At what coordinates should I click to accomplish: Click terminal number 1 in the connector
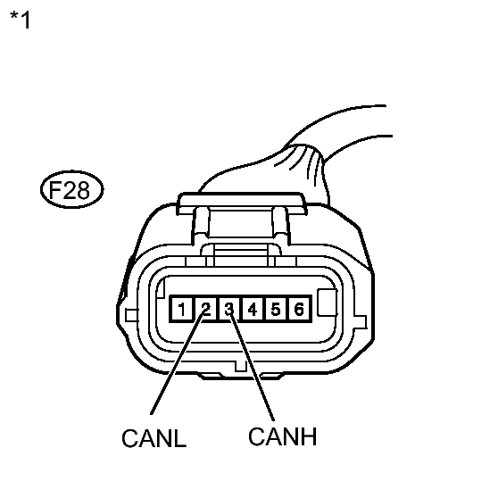(182, 309)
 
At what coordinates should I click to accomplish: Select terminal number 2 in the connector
(206, 309)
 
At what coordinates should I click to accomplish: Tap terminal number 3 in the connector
(229, 309)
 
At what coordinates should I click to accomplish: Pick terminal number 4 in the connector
(253, 309)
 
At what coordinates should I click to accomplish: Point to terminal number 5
(276, 309)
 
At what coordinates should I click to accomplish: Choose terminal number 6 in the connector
(299, 309)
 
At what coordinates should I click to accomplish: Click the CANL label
(154, 438)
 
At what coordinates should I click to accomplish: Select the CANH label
(282, 436)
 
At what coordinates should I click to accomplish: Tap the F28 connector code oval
(71, 189)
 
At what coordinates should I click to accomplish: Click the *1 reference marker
(20, 20)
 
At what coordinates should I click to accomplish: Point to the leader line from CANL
(178, 362)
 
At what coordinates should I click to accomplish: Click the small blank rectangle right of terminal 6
(328, 303)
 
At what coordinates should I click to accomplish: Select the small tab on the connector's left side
(132, 315)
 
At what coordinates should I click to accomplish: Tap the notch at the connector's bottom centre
(240, 366)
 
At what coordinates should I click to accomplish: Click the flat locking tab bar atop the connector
(242, 202)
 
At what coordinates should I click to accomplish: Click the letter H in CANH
(308, 436)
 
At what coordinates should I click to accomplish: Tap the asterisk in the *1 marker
(14, 15)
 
